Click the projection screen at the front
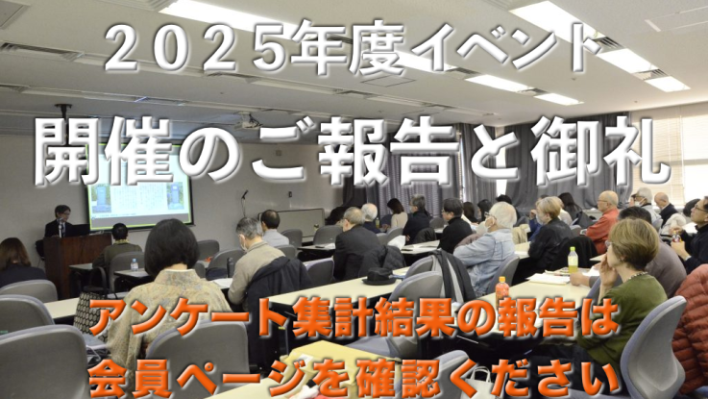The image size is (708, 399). click(x=139, y=198)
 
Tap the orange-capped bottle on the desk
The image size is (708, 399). click(x=501, y=286)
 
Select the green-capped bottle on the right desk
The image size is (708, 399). click(x=573, y=258)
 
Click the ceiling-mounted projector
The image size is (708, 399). click(x=249, y=121)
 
